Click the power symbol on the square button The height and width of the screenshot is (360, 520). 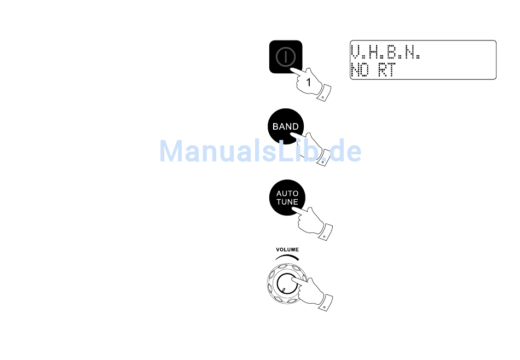pyautogui.click(x=286, y=56)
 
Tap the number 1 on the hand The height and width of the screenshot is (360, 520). pyautogui.click(x=308, y=83)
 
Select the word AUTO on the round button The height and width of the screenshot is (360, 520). pyautogui.click(x=287, y=194)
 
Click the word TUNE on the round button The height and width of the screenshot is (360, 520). pyautogui.click(x=287, y=202)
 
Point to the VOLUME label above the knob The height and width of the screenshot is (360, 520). pyautogui.click(x=287, y=249)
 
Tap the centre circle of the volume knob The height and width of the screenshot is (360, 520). pyautogui.click(x=285, y=284)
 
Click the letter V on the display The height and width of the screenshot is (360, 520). pyautogui.click(x=356, y=53)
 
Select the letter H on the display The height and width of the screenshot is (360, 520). pyautogui.click(x=376, y=53)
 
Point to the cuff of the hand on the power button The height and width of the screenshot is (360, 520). pyautogui.click(x=325, y=93)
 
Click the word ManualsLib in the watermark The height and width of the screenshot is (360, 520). pyautogui.click(x=236, y=151)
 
